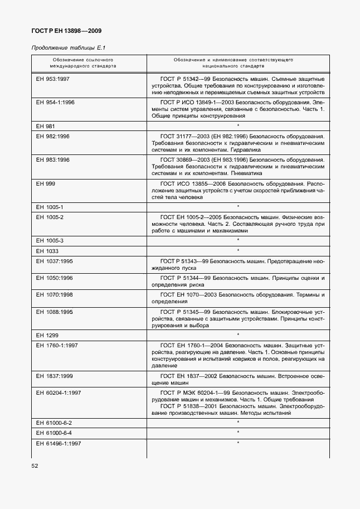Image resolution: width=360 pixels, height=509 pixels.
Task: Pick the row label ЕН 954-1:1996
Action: (x=55, y=103)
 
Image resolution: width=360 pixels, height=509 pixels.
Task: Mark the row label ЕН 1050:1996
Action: (x=54, y=277)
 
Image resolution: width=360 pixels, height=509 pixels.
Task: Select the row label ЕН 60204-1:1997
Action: (x=59, y=392)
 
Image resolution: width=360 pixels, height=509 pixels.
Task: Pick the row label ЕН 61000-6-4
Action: (x=53, y=433)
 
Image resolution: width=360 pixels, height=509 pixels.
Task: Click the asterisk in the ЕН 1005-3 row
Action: (x=237, y=240)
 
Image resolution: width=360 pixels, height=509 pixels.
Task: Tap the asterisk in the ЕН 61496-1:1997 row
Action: (x=237, y=443)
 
